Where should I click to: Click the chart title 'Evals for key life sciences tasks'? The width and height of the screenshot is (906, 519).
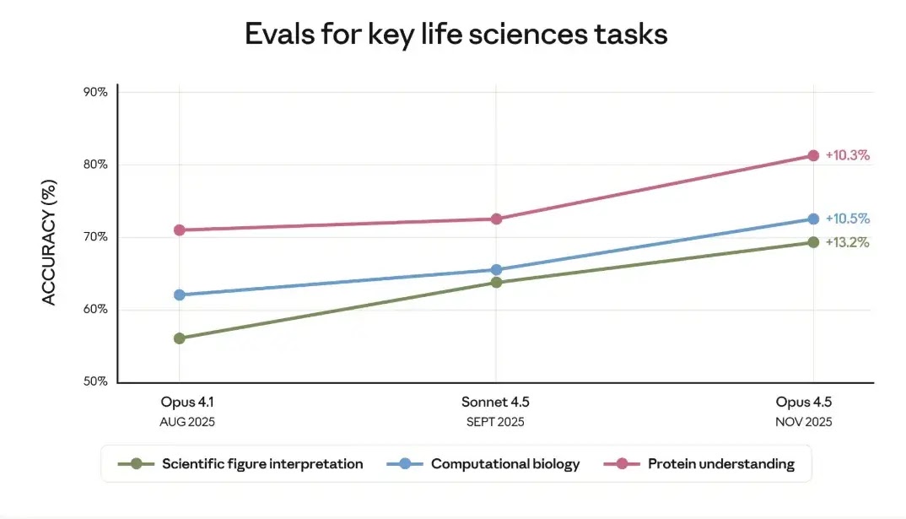click(456, 35)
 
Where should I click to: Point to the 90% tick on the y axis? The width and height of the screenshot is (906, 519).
click(95, 92)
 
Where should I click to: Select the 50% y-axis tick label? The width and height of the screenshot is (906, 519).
click(95, 381)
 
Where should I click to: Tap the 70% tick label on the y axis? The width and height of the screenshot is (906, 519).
click(95, 237)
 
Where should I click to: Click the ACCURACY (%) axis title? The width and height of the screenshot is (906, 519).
click(49, 242)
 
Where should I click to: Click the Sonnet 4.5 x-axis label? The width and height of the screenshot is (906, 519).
click(495, 402)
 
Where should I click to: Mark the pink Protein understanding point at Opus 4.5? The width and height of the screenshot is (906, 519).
click(813, 155)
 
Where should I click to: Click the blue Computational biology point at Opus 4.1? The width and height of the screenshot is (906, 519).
click(180, 295)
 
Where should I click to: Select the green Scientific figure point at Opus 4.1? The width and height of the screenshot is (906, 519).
click(180, 338)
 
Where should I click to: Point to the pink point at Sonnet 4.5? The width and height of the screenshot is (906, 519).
click(496, 219)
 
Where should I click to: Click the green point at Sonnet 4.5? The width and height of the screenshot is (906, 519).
click(496, 282)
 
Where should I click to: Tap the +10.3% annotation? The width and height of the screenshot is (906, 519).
click(847, 155)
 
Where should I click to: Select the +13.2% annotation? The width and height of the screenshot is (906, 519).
click(847, 242)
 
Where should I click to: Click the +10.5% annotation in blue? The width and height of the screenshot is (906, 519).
click(847, 219)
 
